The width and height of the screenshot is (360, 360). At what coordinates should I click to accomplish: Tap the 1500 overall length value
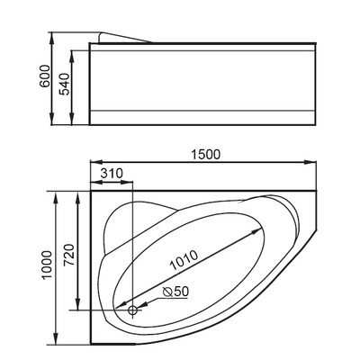pos(206,154)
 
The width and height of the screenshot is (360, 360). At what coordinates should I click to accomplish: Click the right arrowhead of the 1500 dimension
pos(318,164)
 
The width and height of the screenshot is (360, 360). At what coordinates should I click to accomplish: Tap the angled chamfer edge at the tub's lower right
pos(292,306)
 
